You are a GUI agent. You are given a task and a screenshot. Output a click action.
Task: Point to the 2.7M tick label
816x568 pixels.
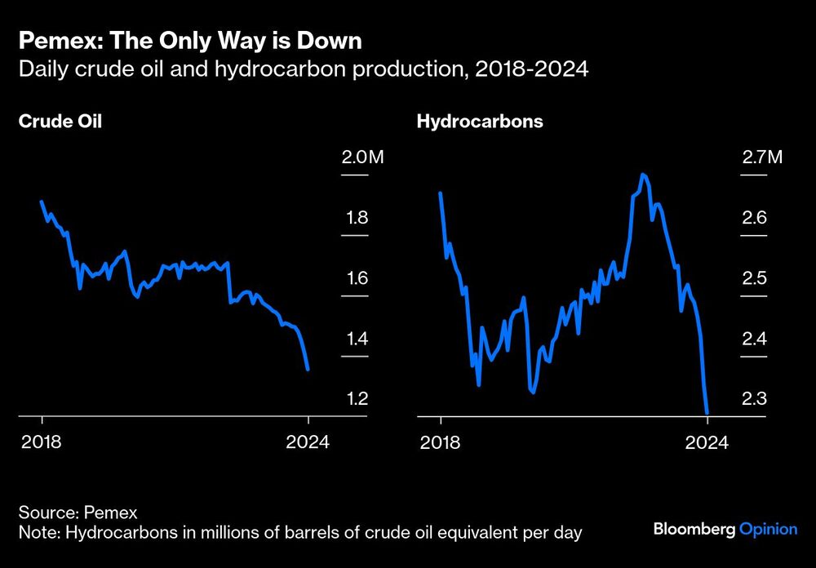pos(762,158)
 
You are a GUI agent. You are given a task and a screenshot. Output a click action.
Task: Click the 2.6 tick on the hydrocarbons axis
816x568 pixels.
pos(754,218)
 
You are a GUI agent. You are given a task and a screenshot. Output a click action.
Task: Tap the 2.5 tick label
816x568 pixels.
pos(754,278)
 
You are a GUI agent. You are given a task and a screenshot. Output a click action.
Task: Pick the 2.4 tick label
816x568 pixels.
pos(754,339)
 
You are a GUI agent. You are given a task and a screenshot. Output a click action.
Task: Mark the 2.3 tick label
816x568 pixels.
pos(754,399)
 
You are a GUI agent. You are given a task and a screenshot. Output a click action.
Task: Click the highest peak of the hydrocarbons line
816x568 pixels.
pos(644,175)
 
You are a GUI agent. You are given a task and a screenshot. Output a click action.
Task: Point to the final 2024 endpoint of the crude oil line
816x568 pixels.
pos(308,370)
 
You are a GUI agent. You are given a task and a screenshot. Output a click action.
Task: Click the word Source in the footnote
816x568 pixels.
pos(47,513)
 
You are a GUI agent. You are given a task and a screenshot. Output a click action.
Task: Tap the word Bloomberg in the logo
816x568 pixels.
pos(694,530)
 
